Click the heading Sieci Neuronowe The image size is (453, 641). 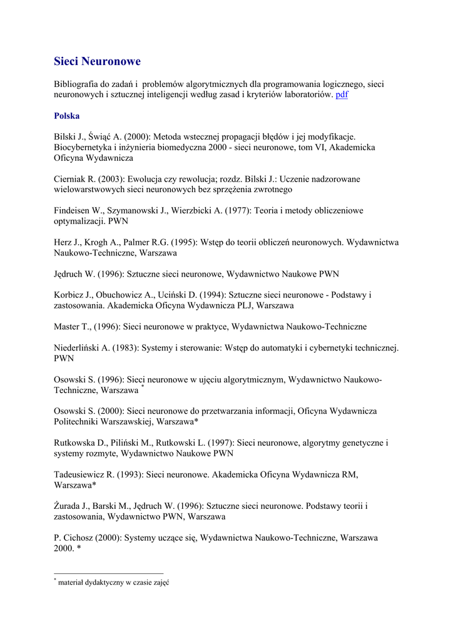pos(97,61)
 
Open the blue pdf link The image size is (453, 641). pos(342,95)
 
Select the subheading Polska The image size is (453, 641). pos(66,116)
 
